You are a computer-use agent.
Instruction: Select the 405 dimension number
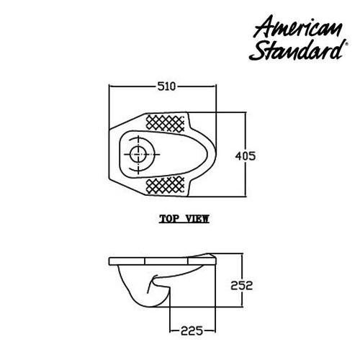click(247, 155)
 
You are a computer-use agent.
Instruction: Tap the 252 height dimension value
click(243, 284)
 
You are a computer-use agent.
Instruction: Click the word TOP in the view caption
click(170, 219)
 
